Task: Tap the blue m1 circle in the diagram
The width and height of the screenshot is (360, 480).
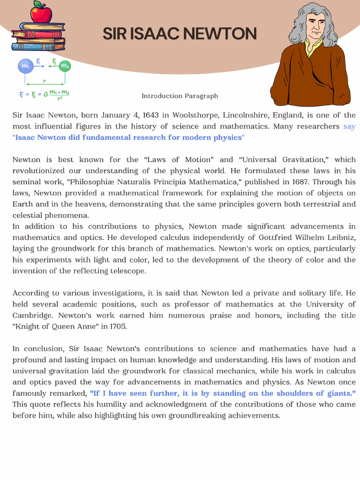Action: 25,67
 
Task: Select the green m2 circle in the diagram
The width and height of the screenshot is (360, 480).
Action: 65,67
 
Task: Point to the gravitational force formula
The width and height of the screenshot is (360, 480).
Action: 45,95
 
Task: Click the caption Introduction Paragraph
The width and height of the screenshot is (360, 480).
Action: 180,96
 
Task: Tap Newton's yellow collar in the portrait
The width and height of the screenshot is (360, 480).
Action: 310,47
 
